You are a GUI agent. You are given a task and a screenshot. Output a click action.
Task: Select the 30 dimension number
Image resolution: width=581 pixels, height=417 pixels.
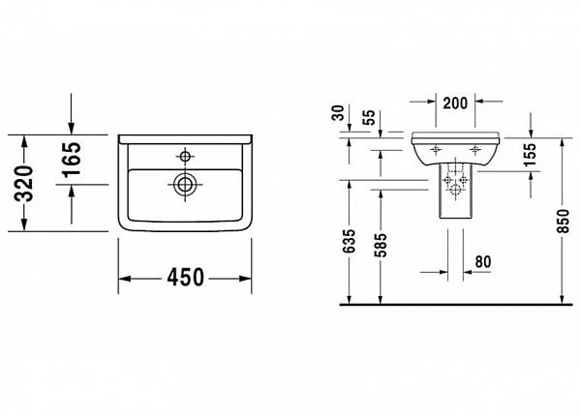coord(338,114)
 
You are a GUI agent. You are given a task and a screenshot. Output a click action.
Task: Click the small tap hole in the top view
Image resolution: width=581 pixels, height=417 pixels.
coord(183,154)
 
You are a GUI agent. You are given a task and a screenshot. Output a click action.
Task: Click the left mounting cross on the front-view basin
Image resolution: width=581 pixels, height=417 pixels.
coord(434,148)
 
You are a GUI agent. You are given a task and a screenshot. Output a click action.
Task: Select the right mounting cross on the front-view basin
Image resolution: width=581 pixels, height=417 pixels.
coord(475,148)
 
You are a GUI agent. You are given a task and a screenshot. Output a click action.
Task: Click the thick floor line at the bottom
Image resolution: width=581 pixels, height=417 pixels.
coord(456,304)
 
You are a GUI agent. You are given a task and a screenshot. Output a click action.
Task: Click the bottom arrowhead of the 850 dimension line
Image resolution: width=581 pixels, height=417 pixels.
coord(562,299)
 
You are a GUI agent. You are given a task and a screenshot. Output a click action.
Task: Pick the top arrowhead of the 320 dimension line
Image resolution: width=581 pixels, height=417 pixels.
coord(22,136)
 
